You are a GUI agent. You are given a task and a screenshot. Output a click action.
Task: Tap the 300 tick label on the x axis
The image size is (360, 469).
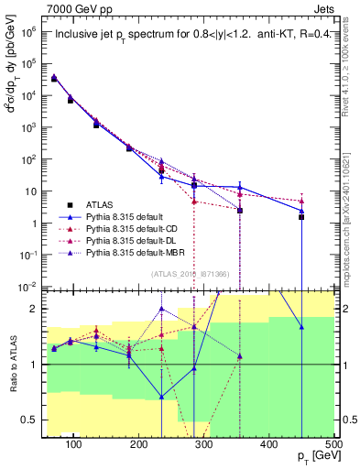click(x=203, y=444)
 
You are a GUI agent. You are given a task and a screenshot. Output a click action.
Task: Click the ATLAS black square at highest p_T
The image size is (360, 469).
click(x=301, y=217)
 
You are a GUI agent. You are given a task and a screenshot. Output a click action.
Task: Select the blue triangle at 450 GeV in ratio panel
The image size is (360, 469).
click(x=301, y=327)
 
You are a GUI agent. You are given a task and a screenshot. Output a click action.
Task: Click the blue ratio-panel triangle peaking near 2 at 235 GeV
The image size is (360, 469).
click(x=161, y=309)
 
